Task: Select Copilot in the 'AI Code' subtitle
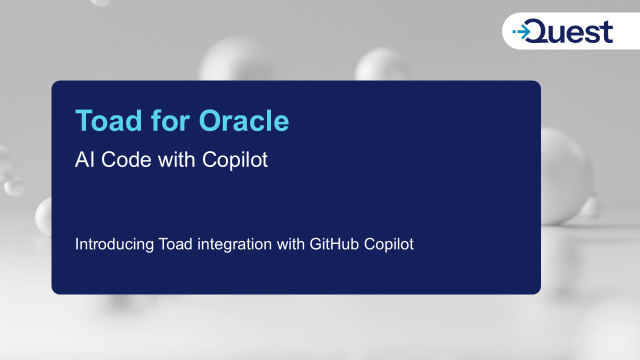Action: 235,160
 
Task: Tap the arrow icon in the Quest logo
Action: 521,33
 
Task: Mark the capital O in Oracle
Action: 209,121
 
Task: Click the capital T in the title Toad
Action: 83,121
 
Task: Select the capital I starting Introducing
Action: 77,244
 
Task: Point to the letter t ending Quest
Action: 607,32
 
